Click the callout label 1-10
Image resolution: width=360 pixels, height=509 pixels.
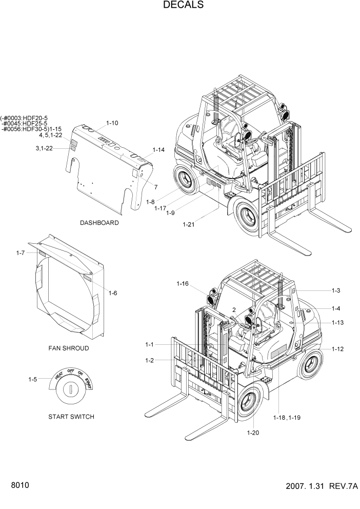click(112, 123)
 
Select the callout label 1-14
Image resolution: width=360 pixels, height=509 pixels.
click(158, 150)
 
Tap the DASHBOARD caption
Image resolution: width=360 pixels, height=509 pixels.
click(99, 223)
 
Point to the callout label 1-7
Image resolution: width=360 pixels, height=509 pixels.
click(21, 253)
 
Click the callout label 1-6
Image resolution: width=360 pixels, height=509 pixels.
click(113, 293)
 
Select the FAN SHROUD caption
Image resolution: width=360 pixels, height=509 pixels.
click(69, 348)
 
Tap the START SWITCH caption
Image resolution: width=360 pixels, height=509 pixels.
click(71, 417)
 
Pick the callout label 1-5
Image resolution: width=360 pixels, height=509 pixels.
click(32, 380)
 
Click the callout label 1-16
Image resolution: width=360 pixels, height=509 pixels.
click(183, 283)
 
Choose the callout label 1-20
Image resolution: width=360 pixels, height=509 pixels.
click(253, 433)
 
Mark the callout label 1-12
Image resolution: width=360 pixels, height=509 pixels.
click(337, 349)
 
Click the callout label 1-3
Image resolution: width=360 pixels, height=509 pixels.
click(336, 291)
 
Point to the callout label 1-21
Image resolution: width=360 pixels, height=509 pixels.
click(189, 224)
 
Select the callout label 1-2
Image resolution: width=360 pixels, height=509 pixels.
click(149, 360)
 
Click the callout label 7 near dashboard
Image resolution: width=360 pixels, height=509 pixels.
click(155, 187)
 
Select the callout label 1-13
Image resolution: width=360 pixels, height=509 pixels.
click(337, 322)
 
